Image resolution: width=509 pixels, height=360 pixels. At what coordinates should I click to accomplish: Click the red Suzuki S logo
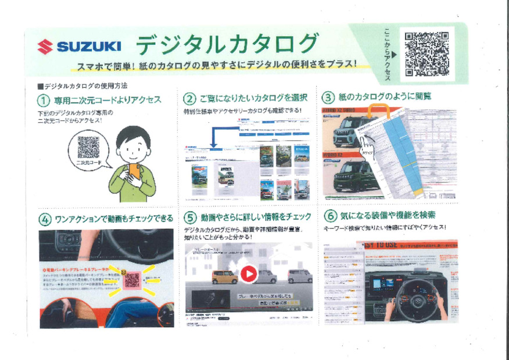coord(45,47)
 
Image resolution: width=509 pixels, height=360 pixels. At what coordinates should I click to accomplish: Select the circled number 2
coord(189,98)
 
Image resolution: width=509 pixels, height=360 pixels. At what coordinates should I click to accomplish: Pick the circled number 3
coord(328,97)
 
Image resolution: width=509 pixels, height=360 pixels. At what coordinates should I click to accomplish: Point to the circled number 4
coord(45,219)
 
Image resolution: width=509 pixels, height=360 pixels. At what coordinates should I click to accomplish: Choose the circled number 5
coord(191,218)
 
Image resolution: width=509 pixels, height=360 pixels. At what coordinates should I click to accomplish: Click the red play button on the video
coord(248,274)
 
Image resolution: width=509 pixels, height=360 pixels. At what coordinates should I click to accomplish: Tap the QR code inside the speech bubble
coord(88,147)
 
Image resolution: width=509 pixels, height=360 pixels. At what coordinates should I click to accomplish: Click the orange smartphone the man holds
coord(134,172)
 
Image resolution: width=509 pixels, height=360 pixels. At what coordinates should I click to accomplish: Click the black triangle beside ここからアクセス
coord(395,54)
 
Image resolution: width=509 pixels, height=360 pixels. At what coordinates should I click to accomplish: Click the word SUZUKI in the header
coord(89,47)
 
